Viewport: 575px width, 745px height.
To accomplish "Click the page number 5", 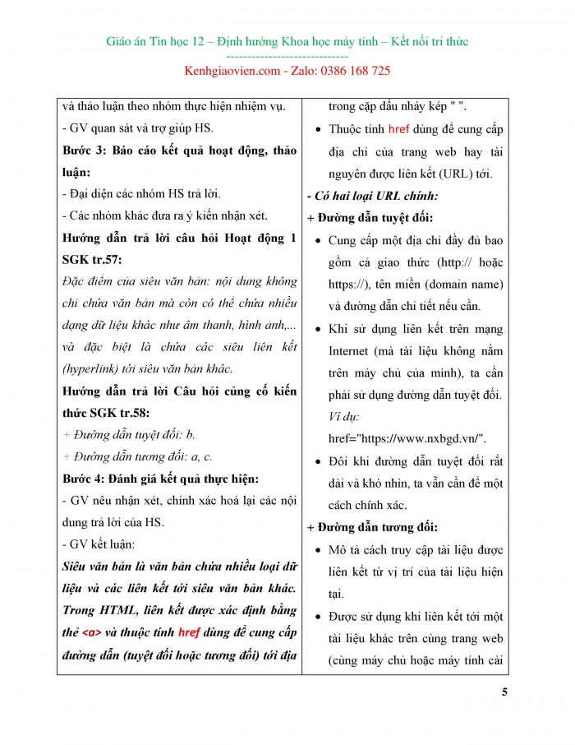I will pos(504,692).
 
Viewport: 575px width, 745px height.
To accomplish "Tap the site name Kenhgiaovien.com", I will pos(233,71).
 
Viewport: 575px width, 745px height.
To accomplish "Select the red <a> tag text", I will pos(92,633).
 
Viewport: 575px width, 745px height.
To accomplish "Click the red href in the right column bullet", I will pos(398,129).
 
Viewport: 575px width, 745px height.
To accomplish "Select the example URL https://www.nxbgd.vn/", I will pos(407,438).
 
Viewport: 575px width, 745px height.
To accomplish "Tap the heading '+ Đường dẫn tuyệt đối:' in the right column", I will pos(370,218).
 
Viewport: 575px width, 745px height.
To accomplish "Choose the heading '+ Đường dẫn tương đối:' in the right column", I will pos(372,527).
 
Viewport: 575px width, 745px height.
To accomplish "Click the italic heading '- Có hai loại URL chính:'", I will pos(372,196).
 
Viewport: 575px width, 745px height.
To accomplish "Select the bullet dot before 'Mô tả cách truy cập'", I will pos(317,550).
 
